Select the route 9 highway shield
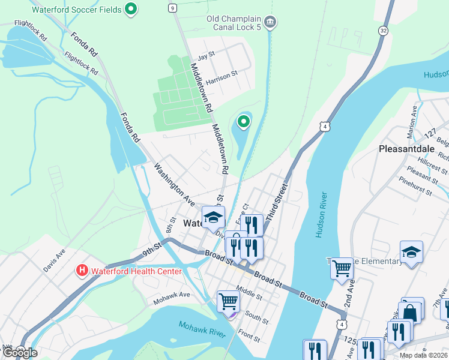coord(173,8)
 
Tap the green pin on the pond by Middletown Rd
coord(243,122)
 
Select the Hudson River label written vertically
coord(322,215)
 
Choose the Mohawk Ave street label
coord(171,295)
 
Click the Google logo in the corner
coord(20,353)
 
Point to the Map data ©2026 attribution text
coord(423,355)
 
